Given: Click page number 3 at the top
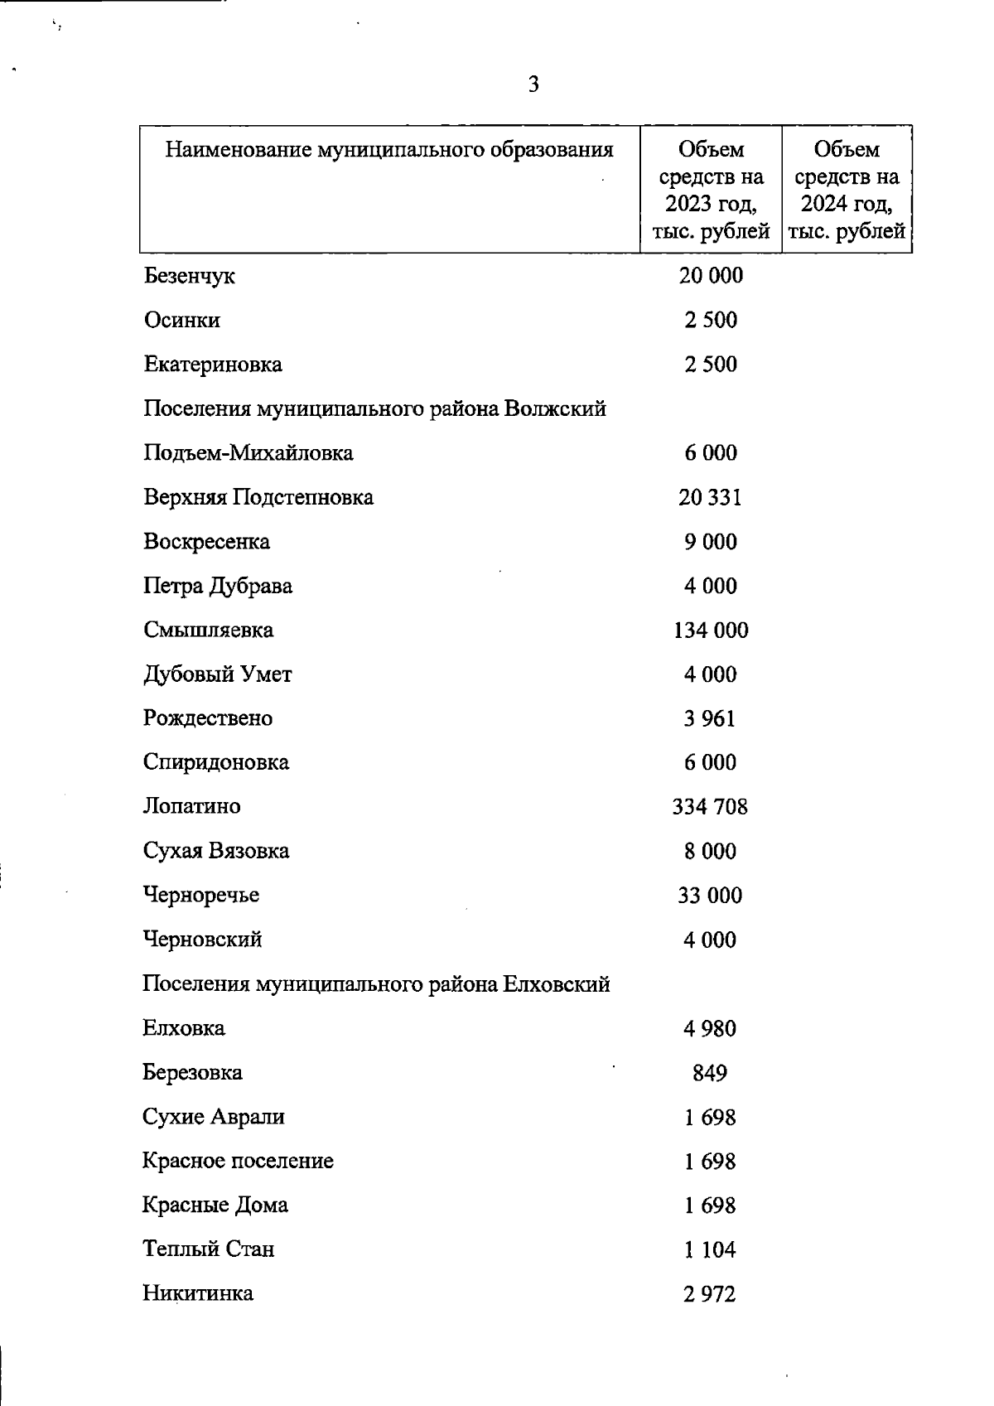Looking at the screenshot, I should pyautogui.click(x=533, y=84).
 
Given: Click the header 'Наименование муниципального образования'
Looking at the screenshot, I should pyautogui.click(x=389, y=150).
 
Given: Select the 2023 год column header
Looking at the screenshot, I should pyautogui.click(x=711, y=190).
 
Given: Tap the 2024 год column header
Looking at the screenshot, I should pyautogui.click(x=846, y=190).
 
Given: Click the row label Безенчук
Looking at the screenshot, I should pyautogui.click(x=189, y=276).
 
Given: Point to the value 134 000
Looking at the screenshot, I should pyautogui.click(x=711, y=631).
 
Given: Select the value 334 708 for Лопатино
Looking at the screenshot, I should pyautogui.click(x=710, y=807).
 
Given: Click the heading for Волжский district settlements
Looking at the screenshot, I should pyautogui.click(x=374, y=408).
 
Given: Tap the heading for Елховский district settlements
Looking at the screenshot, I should pyautogui.click(x=376, y=984).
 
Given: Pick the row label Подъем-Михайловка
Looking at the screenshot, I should pyautogui.click(x=248, y=453).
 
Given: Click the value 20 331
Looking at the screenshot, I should pyautogui.click(x=710, y=497).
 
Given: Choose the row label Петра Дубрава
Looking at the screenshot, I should pyautogui.click(x=217, y=586).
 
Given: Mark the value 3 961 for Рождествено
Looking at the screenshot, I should pyautogui.click(x=710, y=718).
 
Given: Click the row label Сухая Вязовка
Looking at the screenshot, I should pyautogui.click(x=215, y=851).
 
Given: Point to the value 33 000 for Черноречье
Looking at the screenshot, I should pyautogui.click(x=710, y=896).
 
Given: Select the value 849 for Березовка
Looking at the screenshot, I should pyautogui.click(x=710, y=1073).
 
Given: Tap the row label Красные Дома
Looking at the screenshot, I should pyautogui.click(x=215, y=1205).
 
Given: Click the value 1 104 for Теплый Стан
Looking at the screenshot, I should pyautogui.click(x=710, y=1249).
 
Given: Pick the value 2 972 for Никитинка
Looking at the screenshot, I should pyautogui.click(x=710, y=1293).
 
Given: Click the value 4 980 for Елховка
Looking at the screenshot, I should pyautogui.click(x=710, y=1028).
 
